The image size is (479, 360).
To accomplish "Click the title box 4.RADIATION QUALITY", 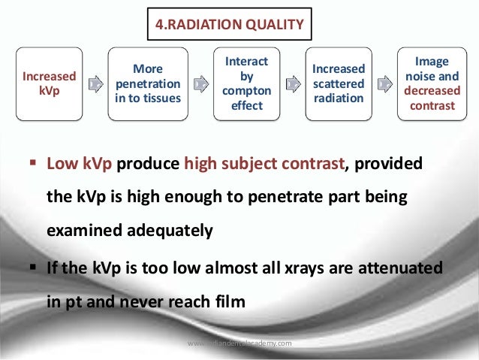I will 229,24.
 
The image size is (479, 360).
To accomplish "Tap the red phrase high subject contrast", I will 264,164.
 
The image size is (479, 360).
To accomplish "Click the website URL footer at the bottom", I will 239,343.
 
